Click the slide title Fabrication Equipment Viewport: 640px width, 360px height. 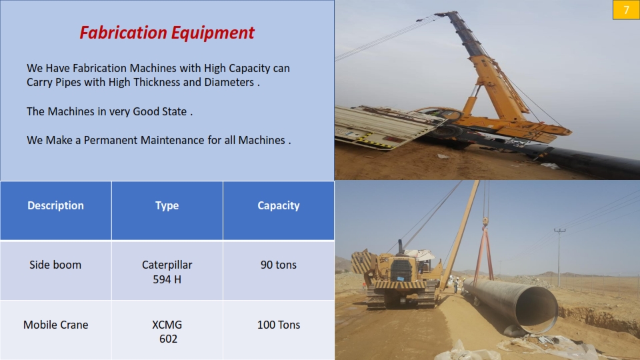(x=167, y=33)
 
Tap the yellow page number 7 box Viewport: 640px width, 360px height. (x=626, y=10)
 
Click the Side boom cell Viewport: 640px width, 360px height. (x=55, y=270)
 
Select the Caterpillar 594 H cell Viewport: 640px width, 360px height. (x=167, y=270)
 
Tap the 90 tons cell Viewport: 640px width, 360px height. (x=279, y=270)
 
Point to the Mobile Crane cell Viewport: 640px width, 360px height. (x=55, y=330)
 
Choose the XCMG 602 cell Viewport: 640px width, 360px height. (x=167, y=330)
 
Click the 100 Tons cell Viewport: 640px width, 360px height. (x=279, y=330)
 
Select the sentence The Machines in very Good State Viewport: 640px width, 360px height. (x=109, y=111)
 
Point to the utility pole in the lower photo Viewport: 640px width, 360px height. (x=559, y=257)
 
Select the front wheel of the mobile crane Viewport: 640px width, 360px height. (x=448, y=131)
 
